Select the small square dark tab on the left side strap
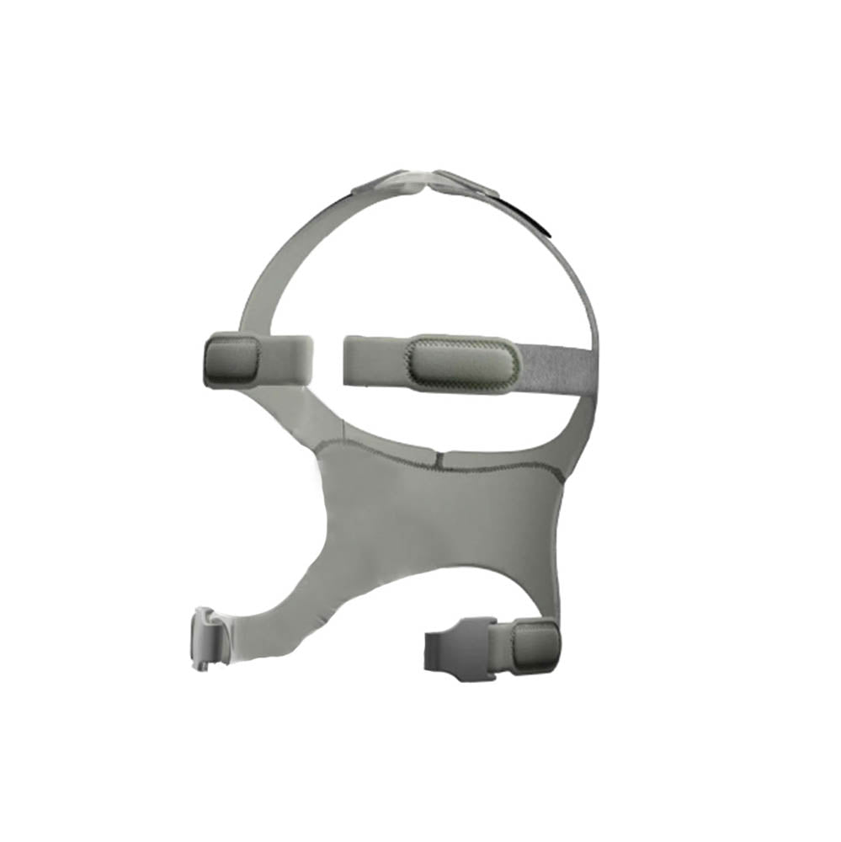(231, 359)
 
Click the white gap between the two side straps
(329, 358)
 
